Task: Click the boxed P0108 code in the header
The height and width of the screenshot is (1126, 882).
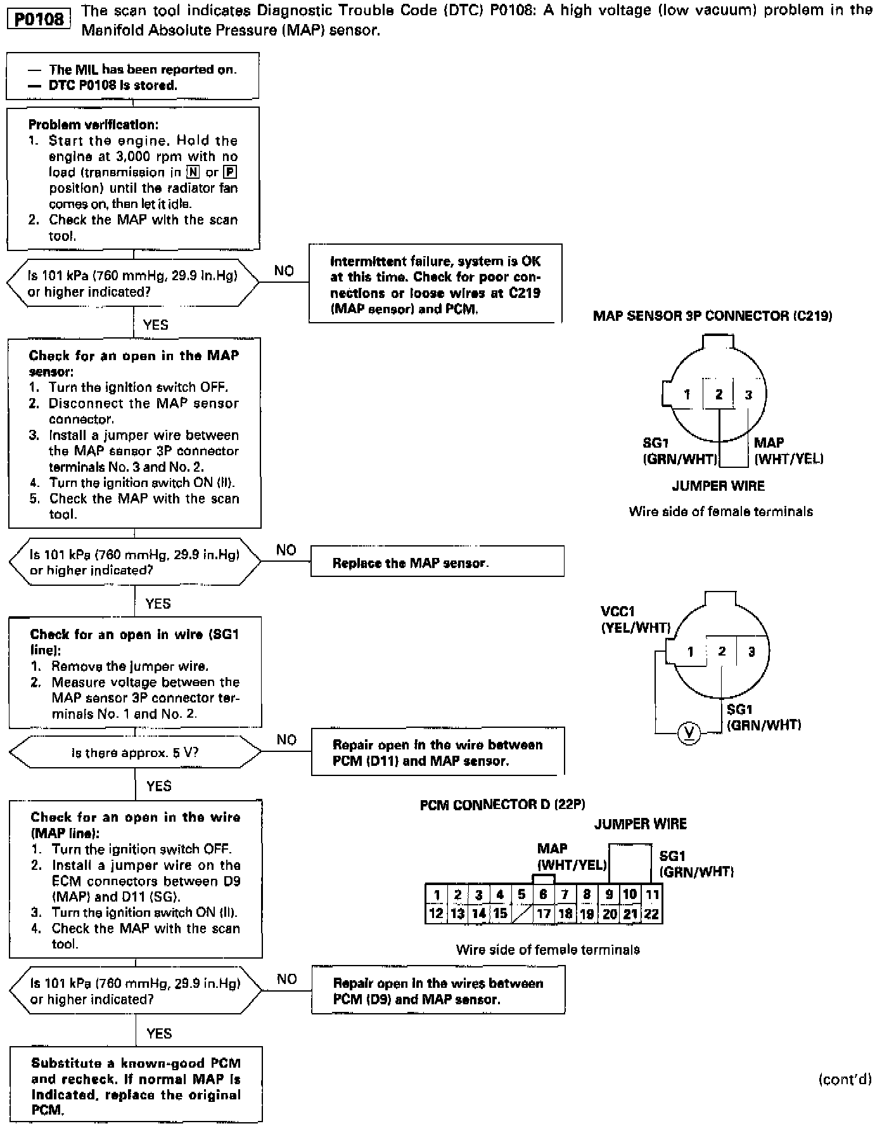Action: click(x=38, y=19)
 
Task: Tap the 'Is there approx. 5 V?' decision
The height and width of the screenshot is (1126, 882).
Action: click(x=135, y=753)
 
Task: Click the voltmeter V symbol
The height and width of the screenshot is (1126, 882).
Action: click(x=689, y=733)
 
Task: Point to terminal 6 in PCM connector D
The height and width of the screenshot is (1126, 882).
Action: click(x=544, y=895)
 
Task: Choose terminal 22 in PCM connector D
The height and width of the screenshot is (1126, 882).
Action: click(x=651, y=914)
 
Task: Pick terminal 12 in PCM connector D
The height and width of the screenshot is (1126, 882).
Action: click(x=436, y=914)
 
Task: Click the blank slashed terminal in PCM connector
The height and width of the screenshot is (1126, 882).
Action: click(x=522, y=914)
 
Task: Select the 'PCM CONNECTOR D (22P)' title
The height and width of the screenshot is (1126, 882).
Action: click(x=502, y=805)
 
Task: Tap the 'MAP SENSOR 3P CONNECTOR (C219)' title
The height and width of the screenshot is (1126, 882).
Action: click(x=712, y=316)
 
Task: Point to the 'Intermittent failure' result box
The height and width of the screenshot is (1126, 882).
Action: click(x=435, y=285)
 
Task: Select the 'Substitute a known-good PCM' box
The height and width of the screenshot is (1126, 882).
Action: click(x=136, y=1086)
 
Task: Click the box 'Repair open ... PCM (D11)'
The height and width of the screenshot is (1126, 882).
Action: click(x=437, y=752)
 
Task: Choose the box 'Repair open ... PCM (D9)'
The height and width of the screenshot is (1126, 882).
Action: click(x=438, y=991)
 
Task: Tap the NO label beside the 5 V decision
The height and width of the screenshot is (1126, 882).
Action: click(x=286, y=740)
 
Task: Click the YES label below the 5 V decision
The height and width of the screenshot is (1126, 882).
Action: click(x=158, y=786)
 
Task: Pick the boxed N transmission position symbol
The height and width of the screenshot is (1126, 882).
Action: click(x=193, y=172)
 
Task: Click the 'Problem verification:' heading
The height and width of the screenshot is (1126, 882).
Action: click(x=93, y=125)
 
